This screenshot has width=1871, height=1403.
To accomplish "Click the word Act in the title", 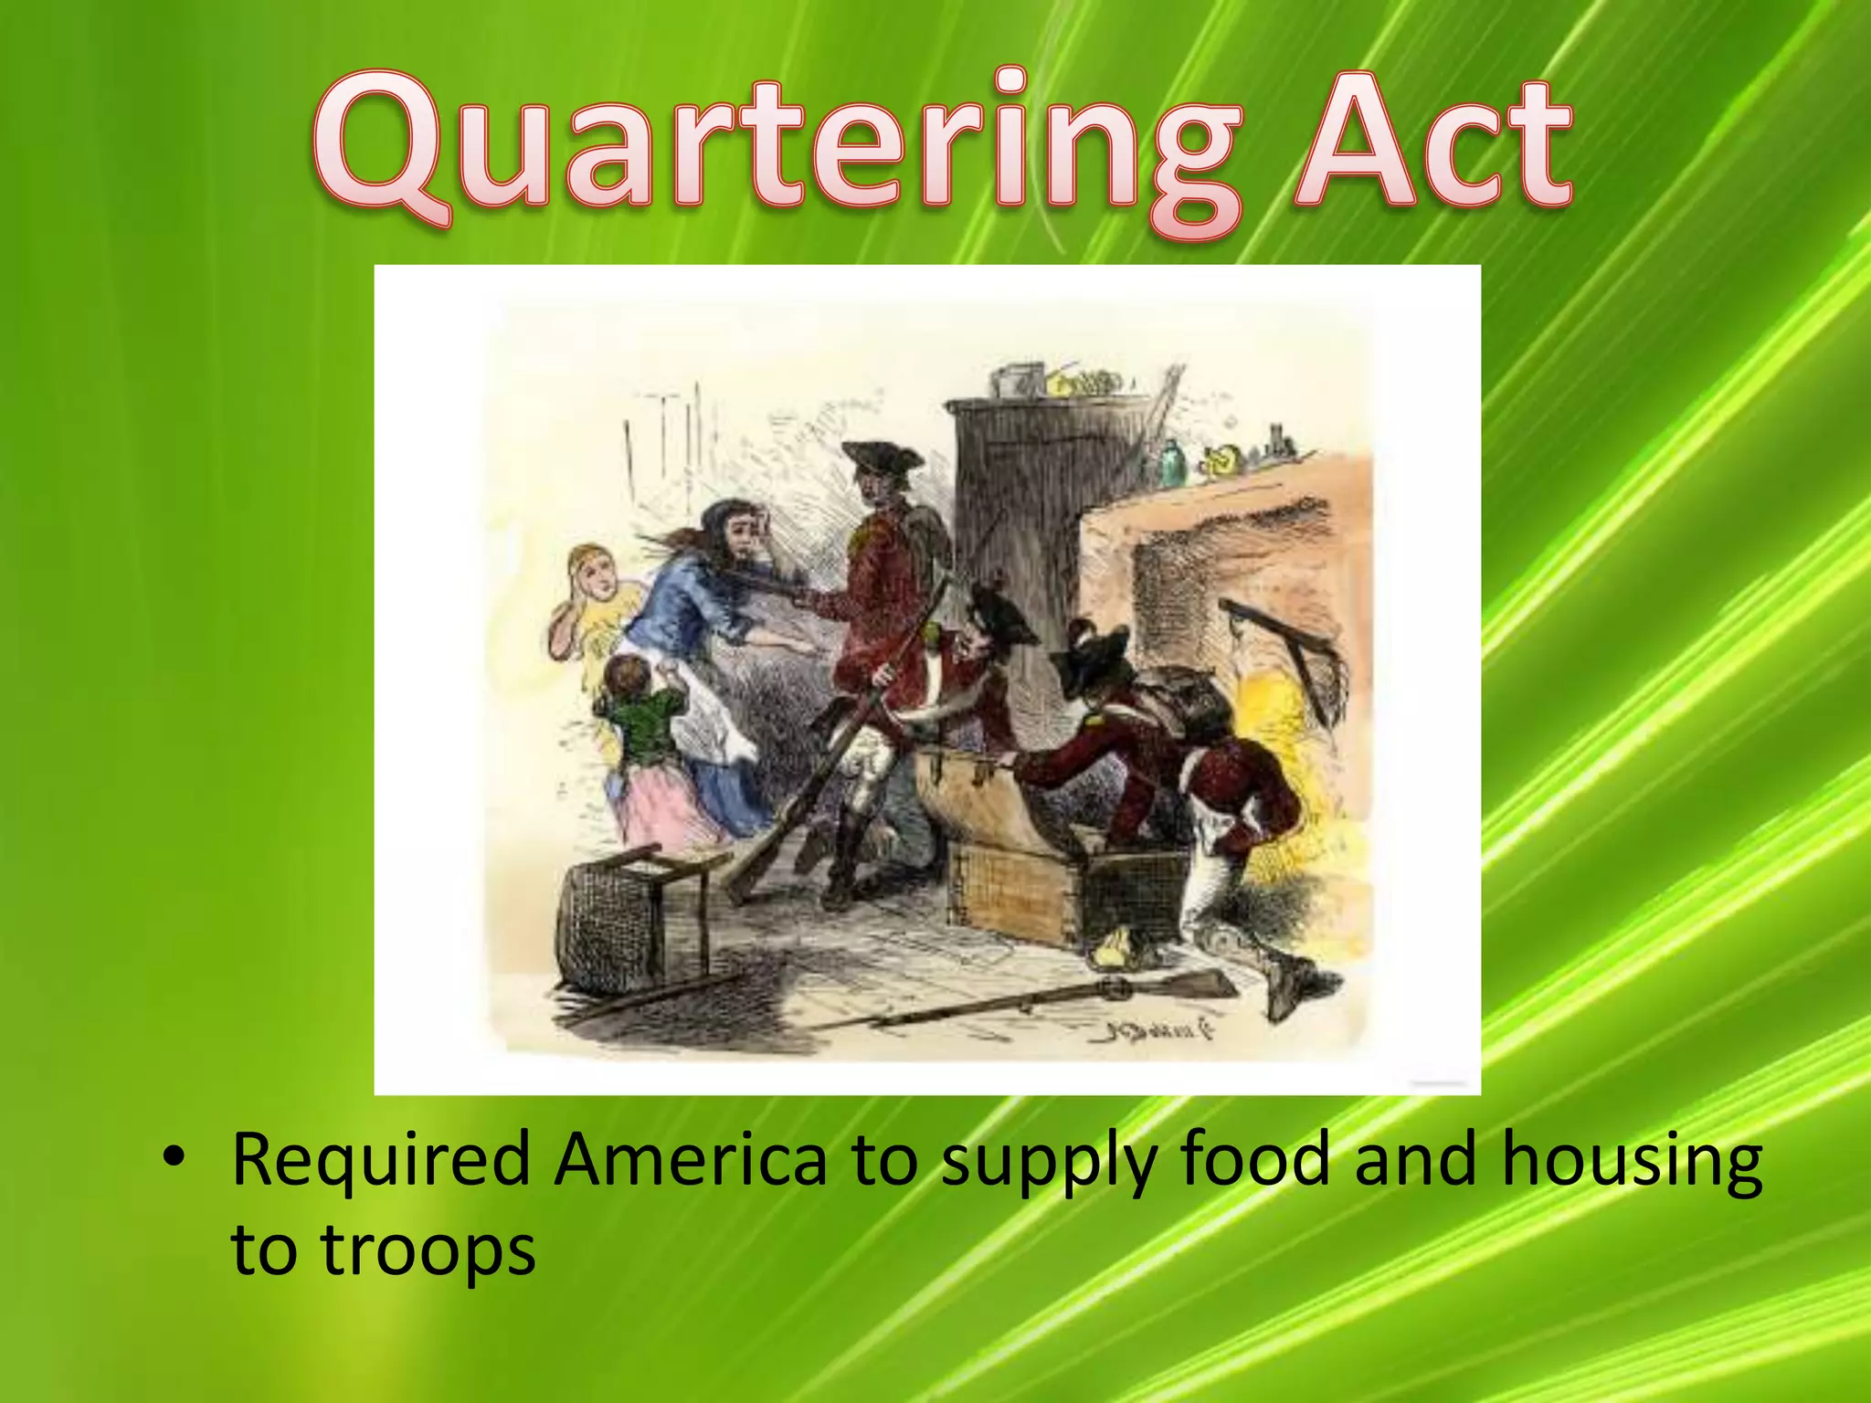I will [x=1434, y=146].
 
